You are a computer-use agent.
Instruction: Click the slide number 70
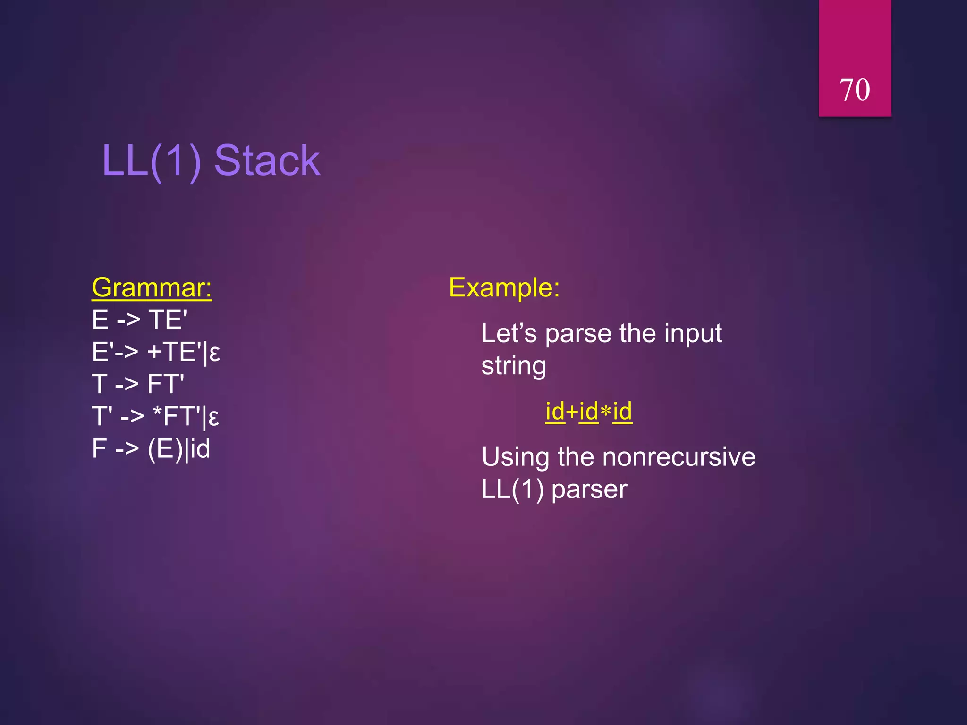(x=854, y=90)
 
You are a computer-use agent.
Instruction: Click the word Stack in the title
(x=267, y=161)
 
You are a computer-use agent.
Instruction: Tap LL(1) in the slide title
(x=152, y=161)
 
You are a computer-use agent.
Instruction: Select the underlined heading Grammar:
(x=152, y=287)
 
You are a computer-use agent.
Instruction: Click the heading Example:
(x=504, y=287)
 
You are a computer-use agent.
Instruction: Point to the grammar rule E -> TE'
(x=139, y=320)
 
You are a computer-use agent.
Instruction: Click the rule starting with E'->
(x=156, y=352)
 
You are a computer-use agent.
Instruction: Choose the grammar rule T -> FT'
(x=138, y=384)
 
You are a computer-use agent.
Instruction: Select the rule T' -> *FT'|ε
(x=155, y=416)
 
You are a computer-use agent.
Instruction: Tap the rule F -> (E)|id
(x=151, y=448)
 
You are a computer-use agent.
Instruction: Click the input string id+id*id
(x=588, y=411)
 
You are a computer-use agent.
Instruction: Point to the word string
(x=514, y=366)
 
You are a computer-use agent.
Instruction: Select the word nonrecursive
(x=679, y=457)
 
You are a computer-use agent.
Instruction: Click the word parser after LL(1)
(x=589, y=489)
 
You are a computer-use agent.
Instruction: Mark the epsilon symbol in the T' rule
(x=213, y=418)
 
